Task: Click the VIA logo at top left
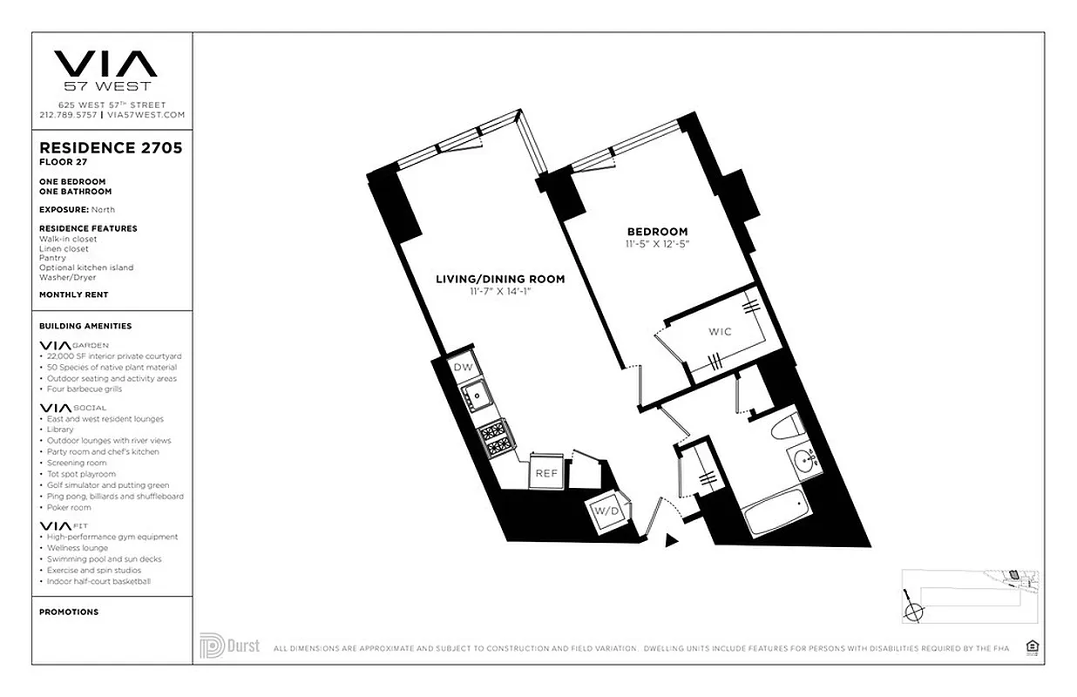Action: point(105,64)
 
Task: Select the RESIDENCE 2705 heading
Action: point(111,148)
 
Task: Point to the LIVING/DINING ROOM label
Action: point(500,280)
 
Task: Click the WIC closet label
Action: point(720,332)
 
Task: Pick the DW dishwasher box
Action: point(464,368)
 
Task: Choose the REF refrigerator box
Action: point(545,473)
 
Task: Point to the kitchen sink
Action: point(477,399)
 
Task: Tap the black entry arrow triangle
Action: point(670,541)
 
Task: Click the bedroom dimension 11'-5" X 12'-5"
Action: point(658,243)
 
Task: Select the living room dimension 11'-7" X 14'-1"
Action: point(499,292)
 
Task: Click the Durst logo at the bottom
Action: point(229,646)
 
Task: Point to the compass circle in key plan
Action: point(913,611)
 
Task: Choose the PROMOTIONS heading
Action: point(69,612)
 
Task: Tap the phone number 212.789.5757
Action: point(69,114)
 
